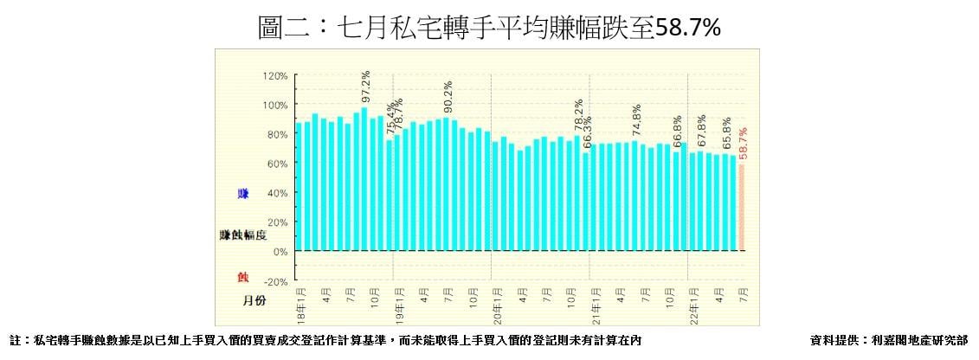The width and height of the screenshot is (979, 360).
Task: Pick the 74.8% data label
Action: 637,122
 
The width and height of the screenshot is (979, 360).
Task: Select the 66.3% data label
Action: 586,134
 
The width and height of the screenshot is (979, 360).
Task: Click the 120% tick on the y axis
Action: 276,76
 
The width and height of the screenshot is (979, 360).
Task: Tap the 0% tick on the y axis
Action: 280,252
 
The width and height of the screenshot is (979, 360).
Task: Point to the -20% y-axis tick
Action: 274,281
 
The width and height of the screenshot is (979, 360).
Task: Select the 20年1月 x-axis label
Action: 497,296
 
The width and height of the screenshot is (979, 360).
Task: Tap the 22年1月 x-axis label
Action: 693,296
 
